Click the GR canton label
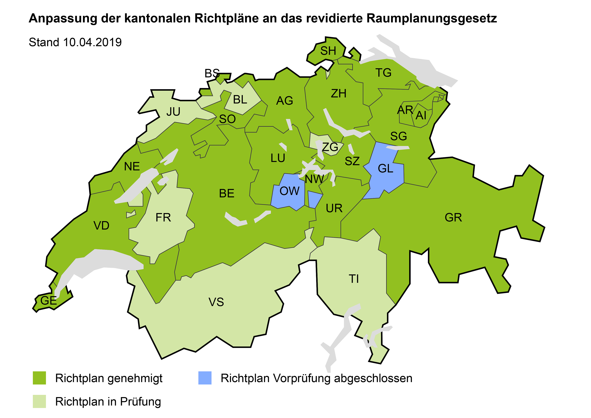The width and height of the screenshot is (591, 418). (453, 218)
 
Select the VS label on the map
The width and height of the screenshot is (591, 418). (216, 302)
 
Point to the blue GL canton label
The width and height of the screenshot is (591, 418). (385, 169)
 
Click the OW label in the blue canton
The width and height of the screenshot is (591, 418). (289, 191)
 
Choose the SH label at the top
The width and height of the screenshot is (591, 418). (328, 51)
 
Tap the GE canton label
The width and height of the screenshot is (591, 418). (48, 301)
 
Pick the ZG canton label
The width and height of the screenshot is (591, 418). (330, 147)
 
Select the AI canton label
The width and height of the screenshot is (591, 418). (421, 116)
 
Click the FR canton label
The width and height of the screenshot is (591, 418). (163, 218)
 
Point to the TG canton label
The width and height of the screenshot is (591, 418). (383, 73)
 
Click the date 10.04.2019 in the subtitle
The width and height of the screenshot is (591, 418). (92, 42)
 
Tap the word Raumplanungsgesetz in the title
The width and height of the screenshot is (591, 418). (431, 18)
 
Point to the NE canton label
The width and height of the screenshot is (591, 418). (132, 167)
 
